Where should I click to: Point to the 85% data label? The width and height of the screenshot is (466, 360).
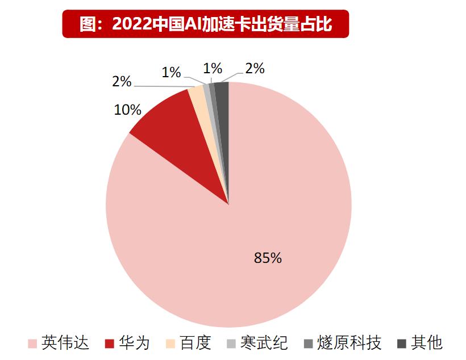[x=268, y=258]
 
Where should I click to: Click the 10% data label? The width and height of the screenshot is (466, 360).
[x=127, y=110]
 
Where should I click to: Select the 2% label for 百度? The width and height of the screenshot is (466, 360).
[x=122, y=82]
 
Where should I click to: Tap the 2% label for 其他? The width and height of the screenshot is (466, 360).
[x=255, y=69]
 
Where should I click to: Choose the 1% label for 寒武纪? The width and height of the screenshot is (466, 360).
[x=171, y=72]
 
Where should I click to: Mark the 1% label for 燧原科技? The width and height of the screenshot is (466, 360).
[x=213, y=68]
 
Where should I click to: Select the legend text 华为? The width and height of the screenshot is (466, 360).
[x=134, y=343]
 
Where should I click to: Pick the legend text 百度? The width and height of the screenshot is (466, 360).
[x=195, y=343]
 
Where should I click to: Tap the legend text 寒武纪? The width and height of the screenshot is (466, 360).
[x=264, y=343]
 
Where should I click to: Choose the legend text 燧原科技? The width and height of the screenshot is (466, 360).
[x=349, y=343]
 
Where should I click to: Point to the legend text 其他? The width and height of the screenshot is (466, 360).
[x=426, y=343]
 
